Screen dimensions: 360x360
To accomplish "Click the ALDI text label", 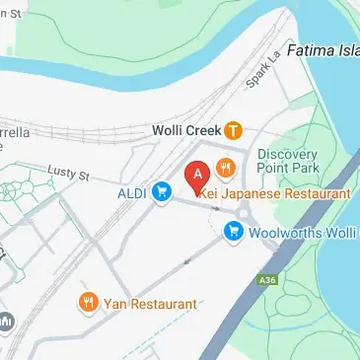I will pyautogui.click(x=133, y=191).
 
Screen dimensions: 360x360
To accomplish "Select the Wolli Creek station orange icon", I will pyautogui.click(x=233, y=129).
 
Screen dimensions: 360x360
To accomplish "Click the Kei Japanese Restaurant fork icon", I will pyautogui.click(x=226, y=168).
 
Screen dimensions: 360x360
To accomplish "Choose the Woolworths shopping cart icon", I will pyautogui.click(x=234, y=232).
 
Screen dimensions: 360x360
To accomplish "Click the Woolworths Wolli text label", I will pyautogui.click(x=301, y=233).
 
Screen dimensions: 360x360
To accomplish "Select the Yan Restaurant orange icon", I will pyautogui.click(x=89, y=304).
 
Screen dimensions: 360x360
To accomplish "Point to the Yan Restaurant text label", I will pyautogui.click(x=149, y=304).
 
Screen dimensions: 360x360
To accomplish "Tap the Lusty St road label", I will pyautogui.click(x=70, y=176).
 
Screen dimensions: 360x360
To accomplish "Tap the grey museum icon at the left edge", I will pyautogui.click(x=6, y=322).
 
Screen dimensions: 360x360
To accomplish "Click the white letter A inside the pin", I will pyautogui.click(x=198, y=173).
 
